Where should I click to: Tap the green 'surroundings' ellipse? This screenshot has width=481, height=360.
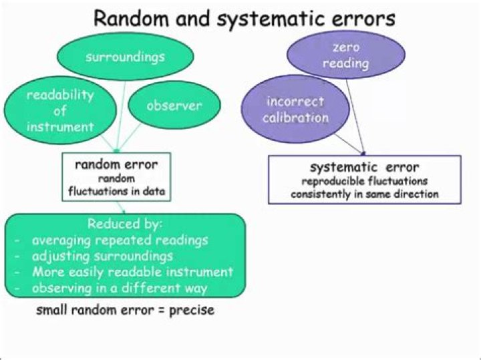point(125,57)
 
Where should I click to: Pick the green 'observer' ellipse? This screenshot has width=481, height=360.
point(174,106)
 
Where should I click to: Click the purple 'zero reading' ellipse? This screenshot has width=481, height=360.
point(346,55)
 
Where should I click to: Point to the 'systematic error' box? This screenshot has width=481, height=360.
point(364,179)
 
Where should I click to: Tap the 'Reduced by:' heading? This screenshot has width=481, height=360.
point(125,224)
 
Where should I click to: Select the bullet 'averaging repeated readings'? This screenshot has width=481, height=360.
point(120,240)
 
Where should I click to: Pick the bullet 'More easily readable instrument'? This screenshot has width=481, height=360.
point(132,272)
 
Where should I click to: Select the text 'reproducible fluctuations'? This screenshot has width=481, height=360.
point(364,181)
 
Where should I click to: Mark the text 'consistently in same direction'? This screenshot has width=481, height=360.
point(364,194)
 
